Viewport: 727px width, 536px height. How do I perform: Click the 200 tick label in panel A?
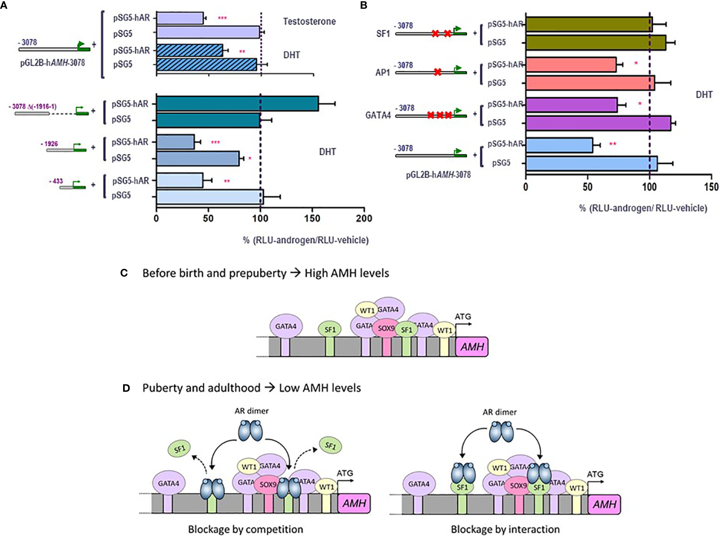(363, 218)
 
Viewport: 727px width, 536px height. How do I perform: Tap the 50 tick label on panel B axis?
(587, 187)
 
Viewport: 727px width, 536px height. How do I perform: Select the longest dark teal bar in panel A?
(237, 104)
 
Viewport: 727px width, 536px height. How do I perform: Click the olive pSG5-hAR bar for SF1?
(589, 24)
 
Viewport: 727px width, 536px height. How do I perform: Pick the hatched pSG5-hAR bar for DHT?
(189, 50)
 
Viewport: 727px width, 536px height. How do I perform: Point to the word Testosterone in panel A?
(309, 21)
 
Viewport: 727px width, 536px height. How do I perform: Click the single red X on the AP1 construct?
(437, 72)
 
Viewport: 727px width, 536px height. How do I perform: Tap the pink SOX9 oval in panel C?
(386, 328)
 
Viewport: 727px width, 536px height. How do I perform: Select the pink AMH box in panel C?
(472, 347)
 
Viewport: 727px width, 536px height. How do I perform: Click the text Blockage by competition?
(245, 529)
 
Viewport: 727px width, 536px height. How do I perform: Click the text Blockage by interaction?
(505, 529)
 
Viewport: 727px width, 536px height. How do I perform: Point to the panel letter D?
(126, 388)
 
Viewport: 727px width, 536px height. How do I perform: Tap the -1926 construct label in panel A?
(49, 144)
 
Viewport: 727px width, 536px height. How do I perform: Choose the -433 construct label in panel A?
(56, 181)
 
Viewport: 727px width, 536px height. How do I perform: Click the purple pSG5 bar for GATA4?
(598, 123)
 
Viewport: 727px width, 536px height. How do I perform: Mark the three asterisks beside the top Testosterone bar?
(222, 18)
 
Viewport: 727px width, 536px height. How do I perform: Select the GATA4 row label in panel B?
(378, 115)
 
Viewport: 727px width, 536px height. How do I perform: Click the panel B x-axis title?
(643, 208)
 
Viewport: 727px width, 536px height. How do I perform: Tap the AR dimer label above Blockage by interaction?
(500, 412)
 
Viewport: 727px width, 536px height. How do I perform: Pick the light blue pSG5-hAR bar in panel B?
(559, 145)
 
